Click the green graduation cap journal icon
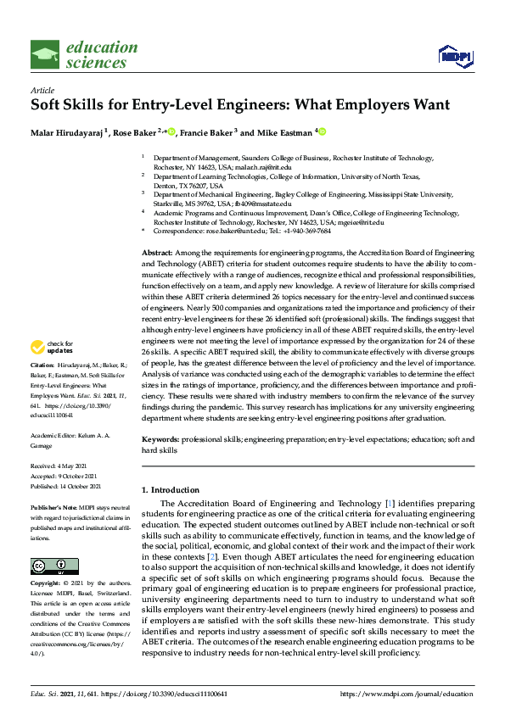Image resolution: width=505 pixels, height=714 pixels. click(45, 55)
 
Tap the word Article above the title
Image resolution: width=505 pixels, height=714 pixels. click(42, 90)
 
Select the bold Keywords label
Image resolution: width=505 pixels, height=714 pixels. click(160, 442)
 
